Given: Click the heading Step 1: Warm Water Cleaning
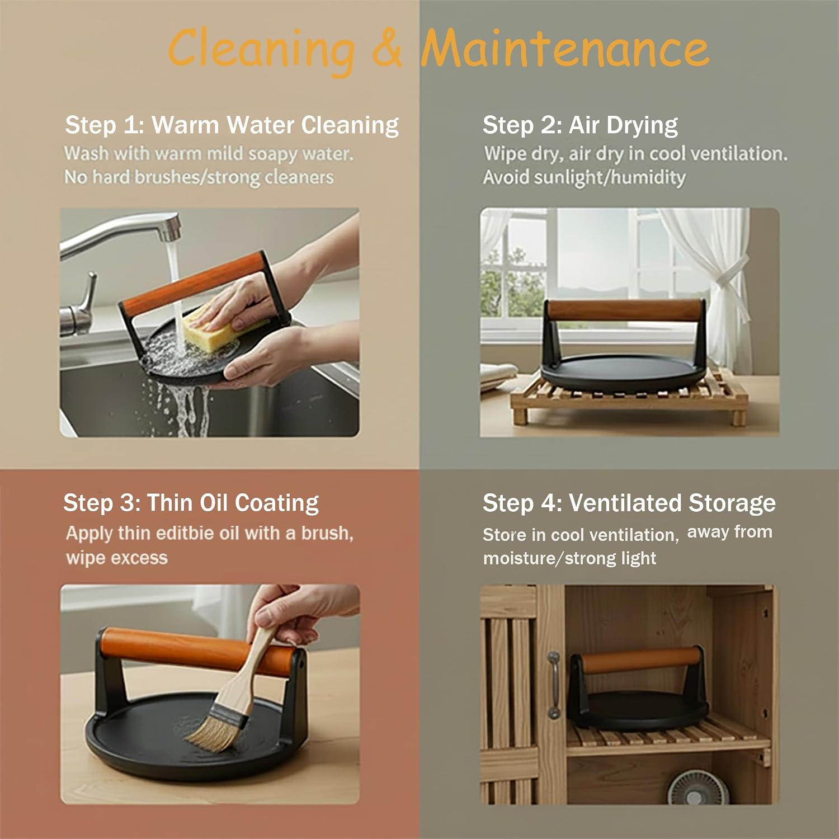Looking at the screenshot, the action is [232, 125].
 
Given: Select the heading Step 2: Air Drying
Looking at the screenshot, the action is [580, 125].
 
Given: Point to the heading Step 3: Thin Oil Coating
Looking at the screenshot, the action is [191, 503].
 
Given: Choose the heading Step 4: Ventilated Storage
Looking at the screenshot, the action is [629, 503].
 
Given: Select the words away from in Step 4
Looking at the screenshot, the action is [729, 532].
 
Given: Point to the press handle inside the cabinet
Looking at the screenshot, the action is [640, 661].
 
